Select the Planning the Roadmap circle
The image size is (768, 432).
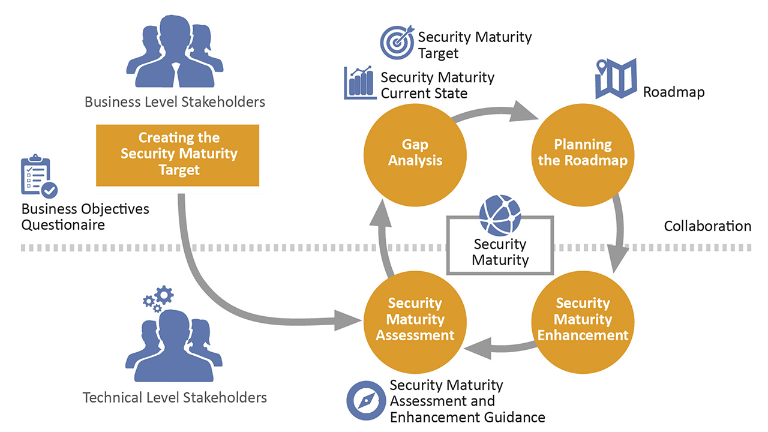583,152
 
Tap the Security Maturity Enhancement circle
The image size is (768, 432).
583,319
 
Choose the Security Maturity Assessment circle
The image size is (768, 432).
415,319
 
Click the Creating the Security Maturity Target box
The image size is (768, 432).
178,155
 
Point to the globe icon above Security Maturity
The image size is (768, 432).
500,215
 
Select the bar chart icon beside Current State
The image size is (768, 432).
359,83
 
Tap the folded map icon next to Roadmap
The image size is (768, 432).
615,79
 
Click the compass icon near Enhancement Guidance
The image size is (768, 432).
367,400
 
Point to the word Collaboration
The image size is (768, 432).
707,226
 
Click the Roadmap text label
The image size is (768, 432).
673,92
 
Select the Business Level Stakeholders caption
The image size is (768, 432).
175,102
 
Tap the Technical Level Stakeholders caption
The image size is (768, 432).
175,397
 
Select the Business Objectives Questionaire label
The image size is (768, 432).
85,217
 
